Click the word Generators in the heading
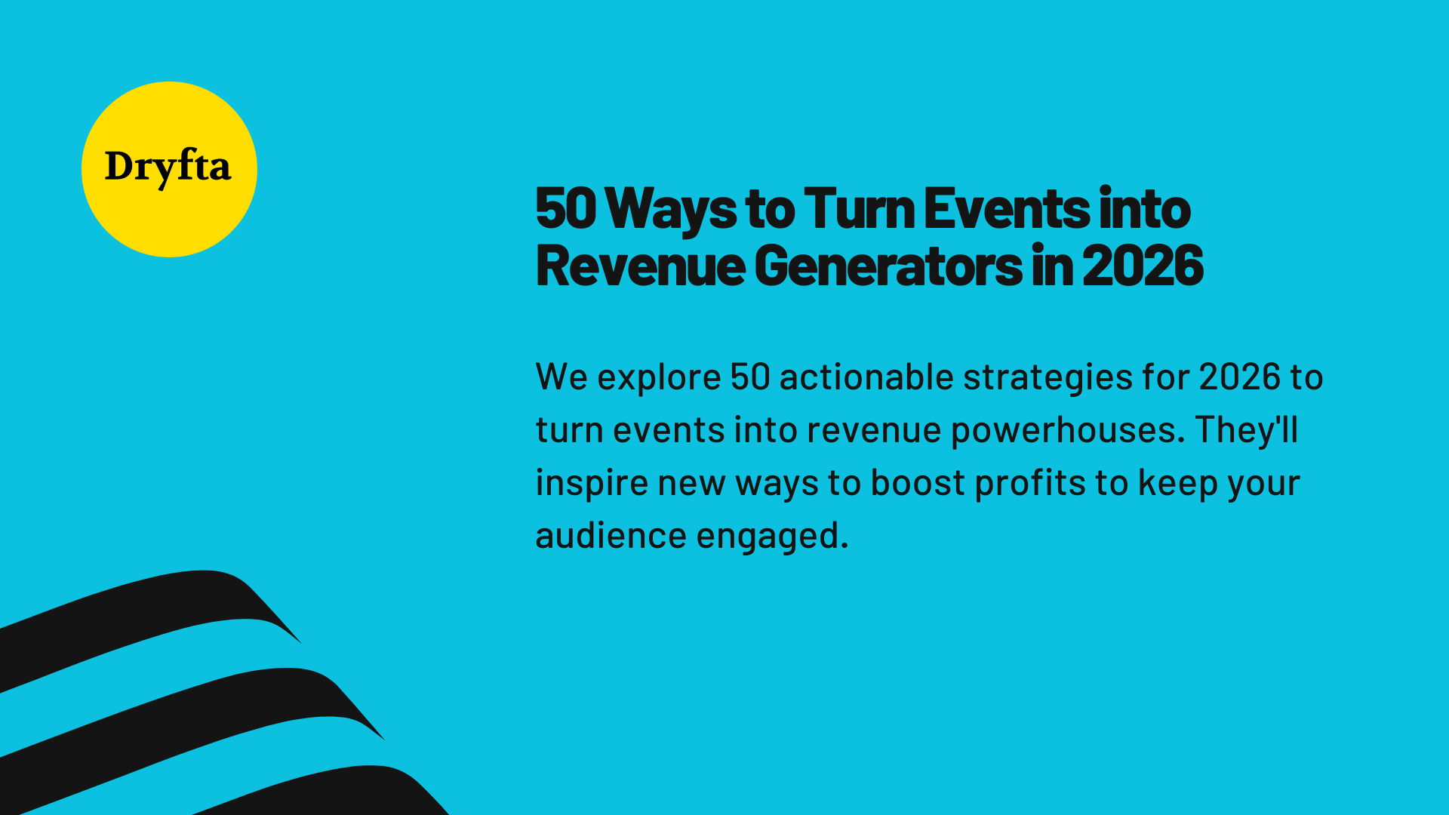coord(888,266)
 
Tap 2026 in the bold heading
coord(1143,266)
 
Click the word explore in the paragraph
coord(659,377)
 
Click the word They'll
coord(1246,430)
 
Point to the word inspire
coord(592,483)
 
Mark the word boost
coord(918,483)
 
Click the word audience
coord(611,536)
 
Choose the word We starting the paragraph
coord(561,377)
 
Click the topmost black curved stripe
coord(151,611)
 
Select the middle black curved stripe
coord(189,709)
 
